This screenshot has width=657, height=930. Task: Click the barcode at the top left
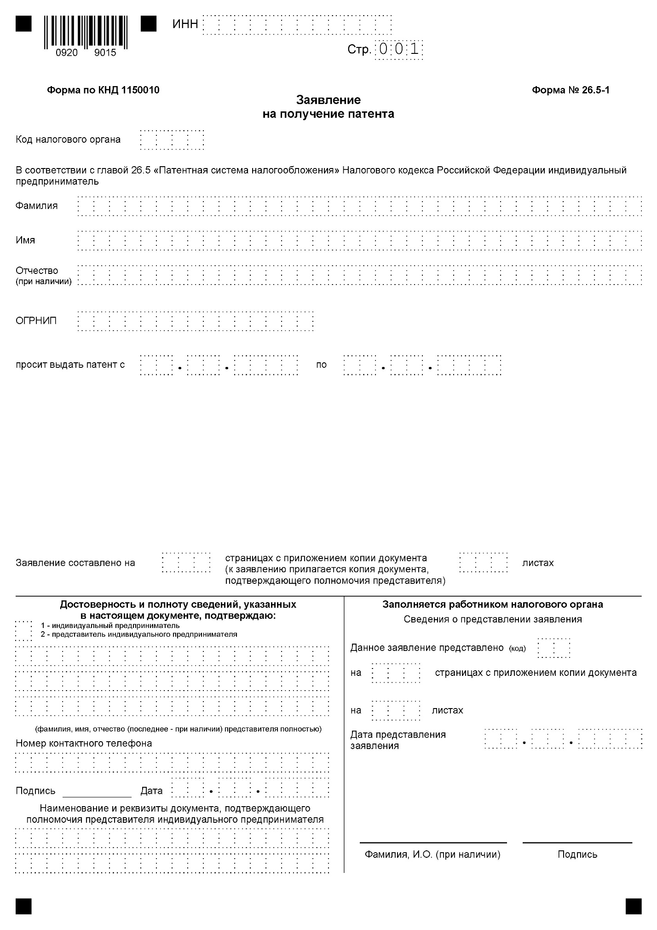click(x=86, y=32)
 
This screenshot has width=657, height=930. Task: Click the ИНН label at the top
click(x=185, y=24)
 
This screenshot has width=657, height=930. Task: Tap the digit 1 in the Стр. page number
click(x=415, y=49)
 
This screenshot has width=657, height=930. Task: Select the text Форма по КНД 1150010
click(x=103, y=90)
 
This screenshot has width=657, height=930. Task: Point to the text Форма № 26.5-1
click(x=571, y=90)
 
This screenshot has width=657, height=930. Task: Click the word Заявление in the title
click(x=328, y=100)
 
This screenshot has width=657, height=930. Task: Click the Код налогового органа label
click(x=68, y=139)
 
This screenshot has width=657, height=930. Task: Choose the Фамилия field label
click(x=37, y=206)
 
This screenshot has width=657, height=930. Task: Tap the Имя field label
click(x=25, y=240)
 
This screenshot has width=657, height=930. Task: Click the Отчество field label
click(x=37, y=271)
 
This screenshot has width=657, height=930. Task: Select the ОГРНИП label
click(x=36, y=321)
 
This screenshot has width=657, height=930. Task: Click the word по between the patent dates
click(x=321, y=365)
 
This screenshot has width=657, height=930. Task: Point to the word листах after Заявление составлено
click(x=538, y=563)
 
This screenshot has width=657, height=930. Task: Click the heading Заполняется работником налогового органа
click(x=493, y=604)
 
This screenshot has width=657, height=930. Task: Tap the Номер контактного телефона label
click(x=84, y=743)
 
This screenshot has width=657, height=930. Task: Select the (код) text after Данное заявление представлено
click(x=517, y=649)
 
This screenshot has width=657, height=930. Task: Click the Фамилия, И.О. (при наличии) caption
click(x=432, y=854)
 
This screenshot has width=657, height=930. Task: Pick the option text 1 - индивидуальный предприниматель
click(x=110, y=626)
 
